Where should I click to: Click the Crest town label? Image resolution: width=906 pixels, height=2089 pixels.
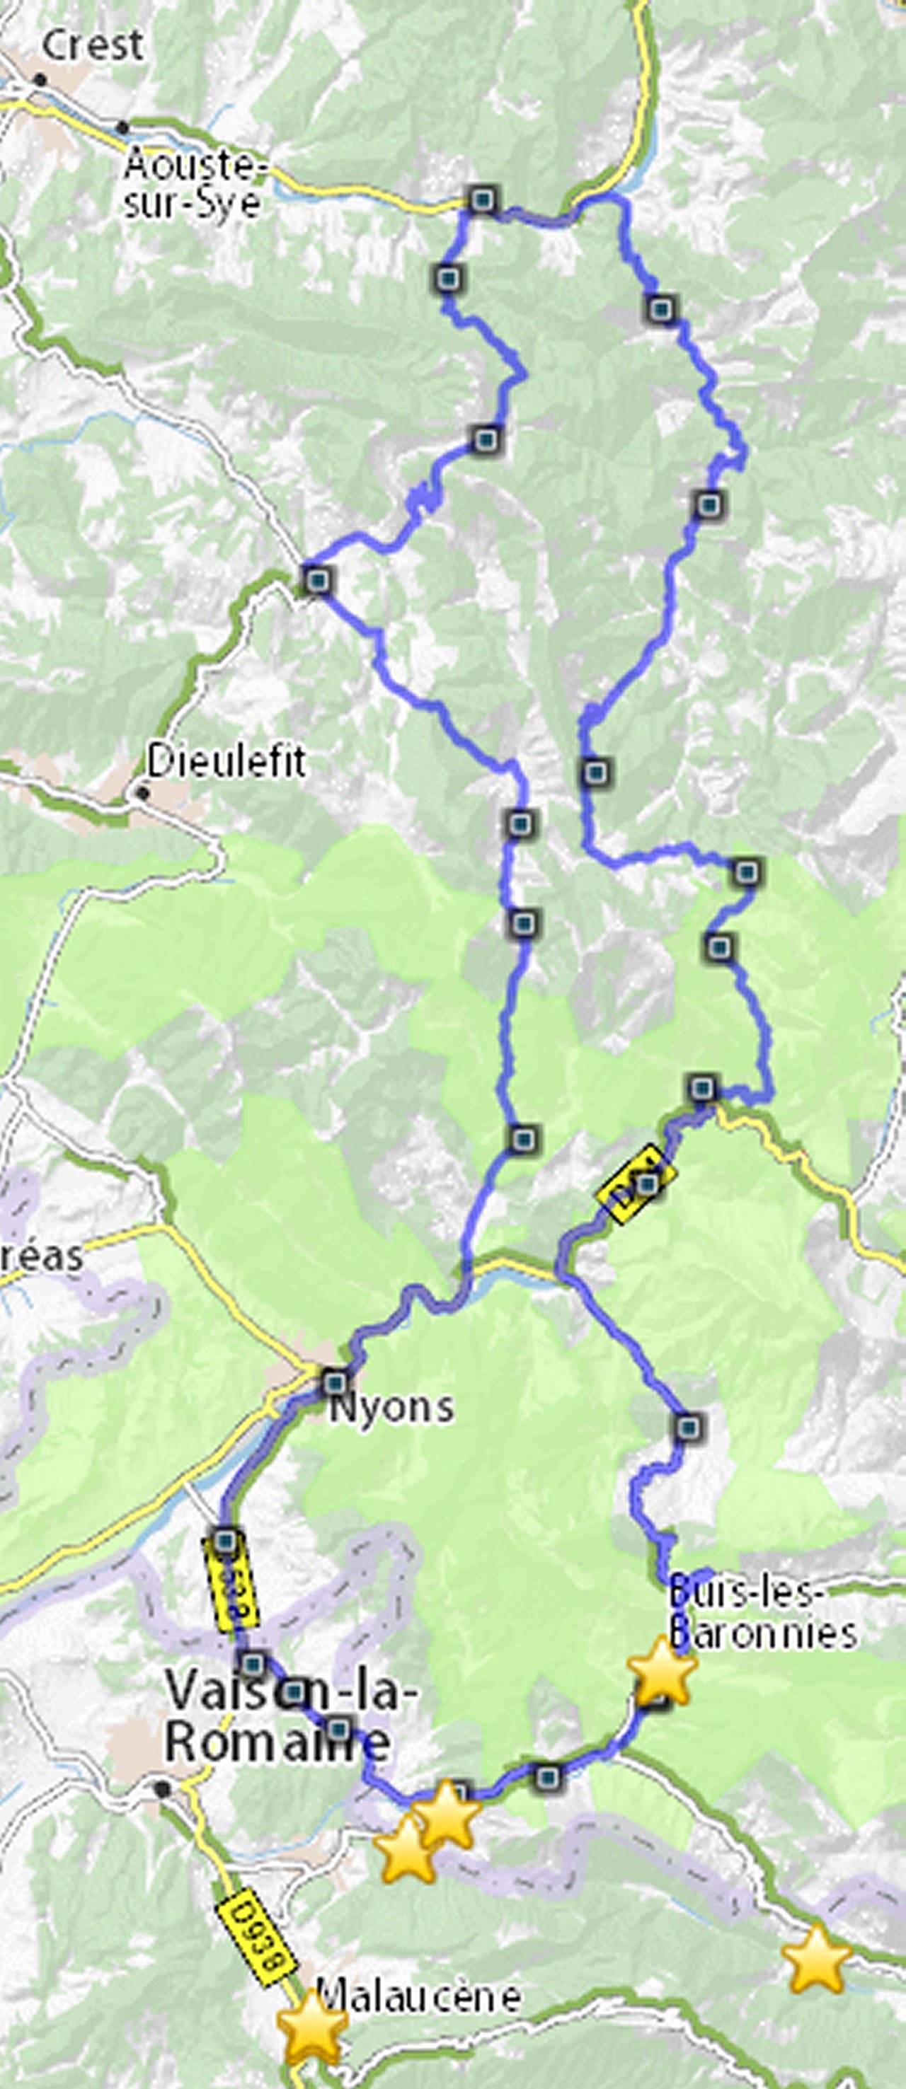click(x=93, y=45)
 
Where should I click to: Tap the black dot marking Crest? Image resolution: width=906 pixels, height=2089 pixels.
click(x=40, y=79)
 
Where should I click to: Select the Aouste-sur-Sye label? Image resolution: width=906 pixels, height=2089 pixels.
click(x=195, y=184)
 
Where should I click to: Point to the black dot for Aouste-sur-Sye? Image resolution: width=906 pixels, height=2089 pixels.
click(x=122, y=127)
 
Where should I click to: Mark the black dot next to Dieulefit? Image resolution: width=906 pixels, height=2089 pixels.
click(x=143, y=792)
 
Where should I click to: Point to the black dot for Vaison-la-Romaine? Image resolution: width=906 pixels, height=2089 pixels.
click(x=163, y=1788)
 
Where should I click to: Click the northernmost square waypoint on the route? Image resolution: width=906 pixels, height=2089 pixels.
click(x=483, y=199)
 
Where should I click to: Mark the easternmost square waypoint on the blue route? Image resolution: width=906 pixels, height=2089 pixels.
click(x=747, y=872)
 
